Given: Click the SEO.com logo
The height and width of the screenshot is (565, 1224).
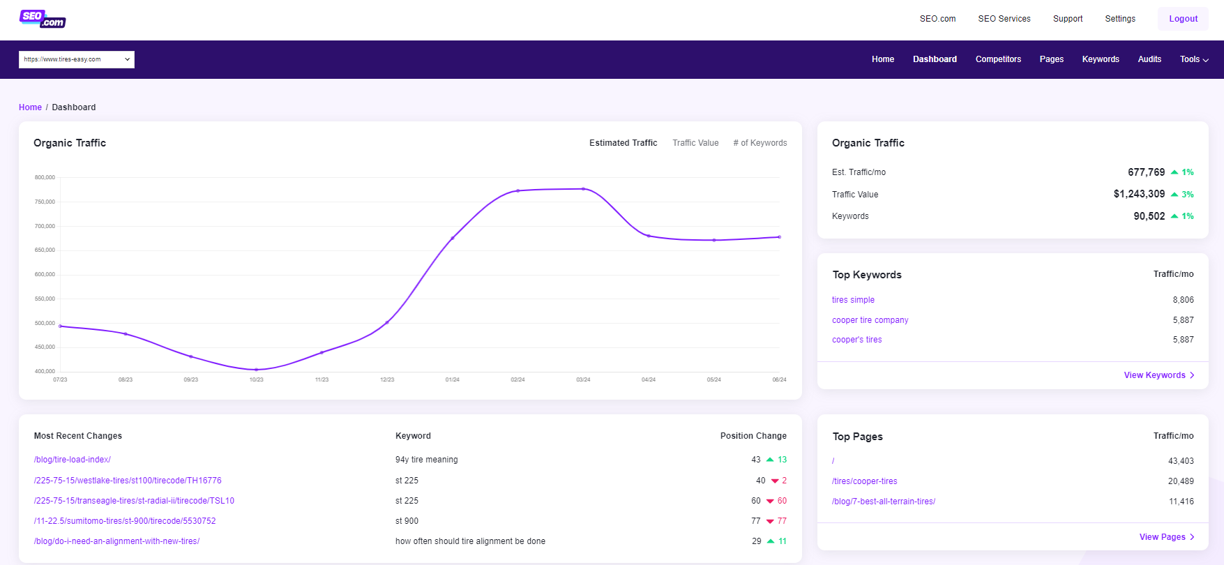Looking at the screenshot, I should point(43,19).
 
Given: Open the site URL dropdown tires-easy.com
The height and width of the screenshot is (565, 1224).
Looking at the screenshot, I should point(77,59).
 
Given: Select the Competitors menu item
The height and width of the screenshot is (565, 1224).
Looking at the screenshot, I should point(998,59).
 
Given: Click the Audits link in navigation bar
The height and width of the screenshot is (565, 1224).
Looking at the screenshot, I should point(1149,59).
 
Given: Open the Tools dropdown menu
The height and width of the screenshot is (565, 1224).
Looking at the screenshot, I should point(1194,59).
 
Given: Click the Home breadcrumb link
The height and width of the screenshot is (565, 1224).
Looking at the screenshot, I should point(30,107).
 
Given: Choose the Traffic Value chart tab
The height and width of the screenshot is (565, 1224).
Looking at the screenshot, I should point(695,143).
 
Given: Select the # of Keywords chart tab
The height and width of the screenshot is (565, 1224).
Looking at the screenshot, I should point(760,143).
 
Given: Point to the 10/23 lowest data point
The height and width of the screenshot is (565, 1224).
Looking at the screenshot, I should point(257,370).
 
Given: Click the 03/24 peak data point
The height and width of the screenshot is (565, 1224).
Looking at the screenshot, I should point(583,189).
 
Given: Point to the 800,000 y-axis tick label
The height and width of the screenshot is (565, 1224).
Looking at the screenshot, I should point(45,178).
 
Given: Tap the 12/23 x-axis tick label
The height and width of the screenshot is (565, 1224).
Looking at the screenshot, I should point(387,380).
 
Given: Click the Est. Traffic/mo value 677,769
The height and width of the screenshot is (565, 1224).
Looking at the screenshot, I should point(1146,172).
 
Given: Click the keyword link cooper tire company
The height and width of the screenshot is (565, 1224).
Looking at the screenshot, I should point(870,320).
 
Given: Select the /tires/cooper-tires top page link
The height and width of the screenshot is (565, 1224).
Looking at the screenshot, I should point(864,481).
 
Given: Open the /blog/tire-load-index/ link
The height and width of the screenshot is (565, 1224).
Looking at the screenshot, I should point(73,460).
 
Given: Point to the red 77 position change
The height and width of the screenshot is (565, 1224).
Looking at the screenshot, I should point(782,521).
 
